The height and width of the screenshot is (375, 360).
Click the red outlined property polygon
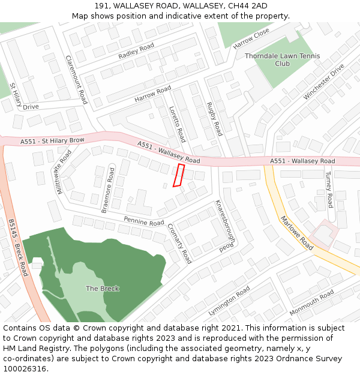(x=178, y=175)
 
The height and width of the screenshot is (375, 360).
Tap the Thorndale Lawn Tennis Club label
(x=282, y=59)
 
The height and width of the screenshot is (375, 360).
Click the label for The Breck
(x=102, y=289)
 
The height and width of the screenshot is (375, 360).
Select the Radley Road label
(x=136, y=52)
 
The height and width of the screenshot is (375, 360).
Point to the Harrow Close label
(x=251, y=40)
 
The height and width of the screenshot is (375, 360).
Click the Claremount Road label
(x=76, y=80)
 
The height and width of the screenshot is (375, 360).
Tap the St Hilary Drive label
(x=20, y=99)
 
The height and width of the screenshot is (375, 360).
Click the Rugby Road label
(x=214, y=119)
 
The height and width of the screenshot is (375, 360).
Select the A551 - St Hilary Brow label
(x=52, y=141)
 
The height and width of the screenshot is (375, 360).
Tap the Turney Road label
(x=329, y=189)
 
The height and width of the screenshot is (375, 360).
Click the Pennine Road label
(x=144, y=221)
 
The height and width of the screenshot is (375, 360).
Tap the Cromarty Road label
(x=179, y=244)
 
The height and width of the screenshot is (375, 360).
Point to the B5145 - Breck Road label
(x=18, y=247)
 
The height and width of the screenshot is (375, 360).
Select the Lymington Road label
(x=229, y=302)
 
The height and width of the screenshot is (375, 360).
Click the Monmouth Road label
(x=311, y=303)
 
